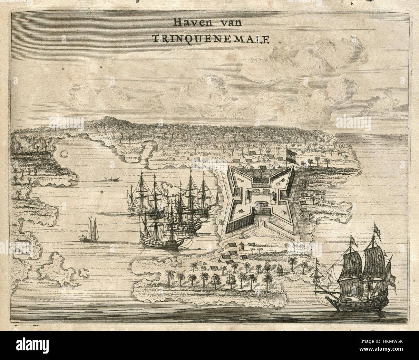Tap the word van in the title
[231, 23]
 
